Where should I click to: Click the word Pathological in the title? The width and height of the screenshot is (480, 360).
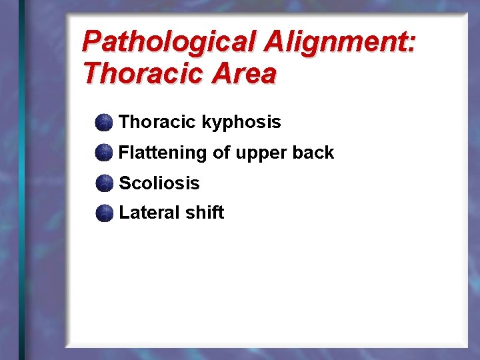[x=170, y=43]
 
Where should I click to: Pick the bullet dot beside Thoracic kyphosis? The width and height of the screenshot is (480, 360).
[x=103, y=123]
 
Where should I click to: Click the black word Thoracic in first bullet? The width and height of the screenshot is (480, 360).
[x=157, y=122]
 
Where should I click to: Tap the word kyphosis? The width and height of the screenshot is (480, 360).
[x=241, y=123]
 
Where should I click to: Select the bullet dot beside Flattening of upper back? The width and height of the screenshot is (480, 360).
[x=103, y=153]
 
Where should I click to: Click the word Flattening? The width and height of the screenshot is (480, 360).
[x=163, y=153]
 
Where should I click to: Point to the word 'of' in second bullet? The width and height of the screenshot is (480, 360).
[x=221, y=153]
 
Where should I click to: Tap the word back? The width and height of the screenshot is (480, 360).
[x=313, y=153]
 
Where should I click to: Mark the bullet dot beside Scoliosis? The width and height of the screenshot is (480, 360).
[x=103, y=183]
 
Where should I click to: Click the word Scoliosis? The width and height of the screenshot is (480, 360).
[x=159, y=183]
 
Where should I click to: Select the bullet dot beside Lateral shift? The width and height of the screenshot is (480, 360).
[x=103, y=213]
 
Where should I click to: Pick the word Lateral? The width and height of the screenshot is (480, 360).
[x=146, y=213]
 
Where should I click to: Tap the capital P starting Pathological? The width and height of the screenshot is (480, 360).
[x=91, y=43]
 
